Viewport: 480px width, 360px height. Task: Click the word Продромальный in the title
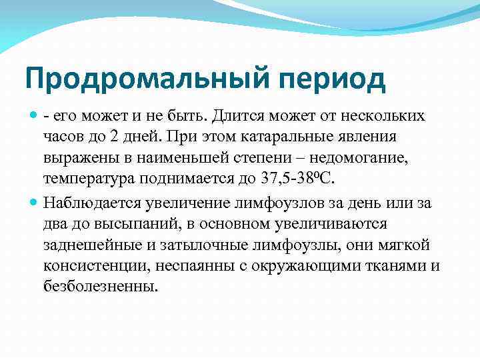tap(137, 80)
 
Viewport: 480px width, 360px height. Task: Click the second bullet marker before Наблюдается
tap(33, 203)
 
